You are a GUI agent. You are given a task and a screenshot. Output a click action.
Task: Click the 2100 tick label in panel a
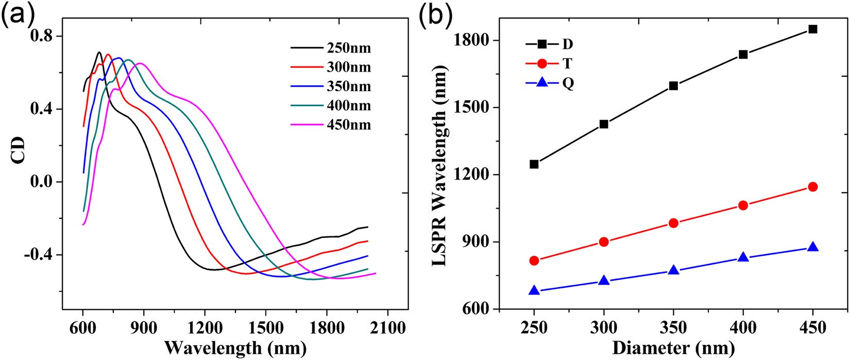[x=387, y=328]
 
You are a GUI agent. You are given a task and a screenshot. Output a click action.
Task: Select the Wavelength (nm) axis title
[x=235, y=348]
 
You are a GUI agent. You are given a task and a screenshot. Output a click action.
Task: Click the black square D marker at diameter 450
[x=812, y=29]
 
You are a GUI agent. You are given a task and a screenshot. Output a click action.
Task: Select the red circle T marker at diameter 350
[x=673, y=223]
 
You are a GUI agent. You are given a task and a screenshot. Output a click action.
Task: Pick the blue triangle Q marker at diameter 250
[x=534, y=290]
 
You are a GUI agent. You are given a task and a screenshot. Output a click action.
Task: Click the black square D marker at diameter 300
[x=604, y=124]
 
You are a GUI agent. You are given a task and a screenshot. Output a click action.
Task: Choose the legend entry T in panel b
[x=567, y=64]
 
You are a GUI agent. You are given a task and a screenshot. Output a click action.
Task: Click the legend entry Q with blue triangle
[x=568, y=83]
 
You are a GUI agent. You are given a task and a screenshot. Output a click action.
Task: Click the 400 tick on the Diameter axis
[x=743, y=328]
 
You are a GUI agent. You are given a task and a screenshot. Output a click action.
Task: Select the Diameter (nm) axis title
[x=673, y=348]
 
